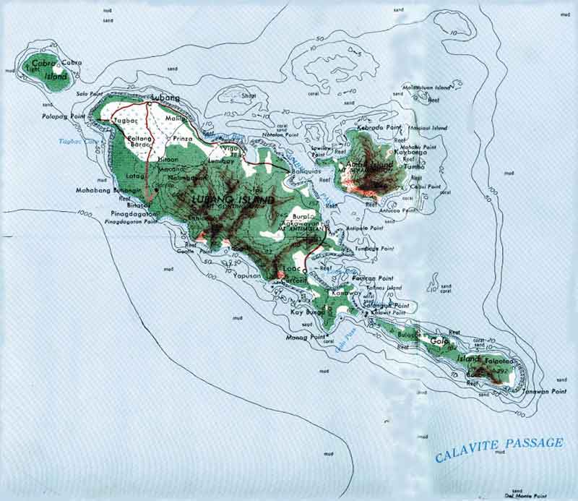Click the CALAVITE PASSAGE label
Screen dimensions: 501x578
click(x=499, y=449)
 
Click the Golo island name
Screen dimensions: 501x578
click(x=439, y=341)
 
